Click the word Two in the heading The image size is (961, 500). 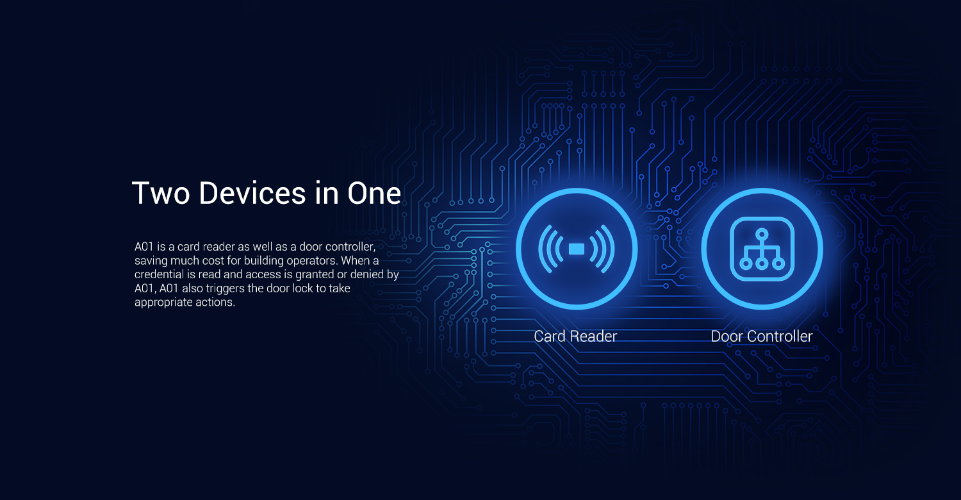[x=161, y=193]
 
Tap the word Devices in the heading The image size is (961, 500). [x=252, y=193]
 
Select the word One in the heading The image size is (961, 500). [x=374, y=193]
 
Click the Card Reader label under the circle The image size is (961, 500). [x=575, y=336]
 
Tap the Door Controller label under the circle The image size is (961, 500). [x=762, y=336]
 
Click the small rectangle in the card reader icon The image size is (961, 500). [x=576, y=249]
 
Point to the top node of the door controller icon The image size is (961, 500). [x=762, y=235]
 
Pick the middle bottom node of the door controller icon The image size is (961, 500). [x=762, y=263]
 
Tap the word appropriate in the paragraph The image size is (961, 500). [x=163, y=303]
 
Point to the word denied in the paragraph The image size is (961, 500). [x=366, y=274]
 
